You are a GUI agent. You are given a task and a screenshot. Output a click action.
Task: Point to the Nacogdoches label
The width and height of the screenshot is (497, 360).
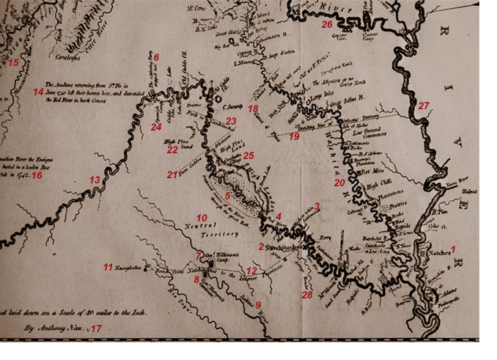tap(130, 268)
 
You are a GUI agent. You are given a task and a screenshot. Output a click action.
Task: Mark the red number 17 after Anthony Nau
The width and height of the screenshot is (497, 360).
tap(96, 328)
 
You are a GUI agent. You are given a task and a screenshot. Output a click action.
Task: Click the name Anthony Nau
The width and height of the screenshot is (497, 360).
tap(56, 329)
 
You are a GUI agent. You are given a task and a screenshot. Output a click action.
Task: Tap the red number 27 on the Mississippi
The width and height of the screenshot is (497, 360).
tap(423, 106)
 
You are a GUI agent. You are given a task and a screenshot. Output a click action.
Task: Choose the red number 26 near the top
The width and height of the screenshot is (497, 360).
tap(327, 24)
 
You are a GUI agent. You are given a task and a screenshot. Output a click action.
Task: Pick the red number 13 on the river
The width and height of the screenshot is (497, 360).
tap(94, 180)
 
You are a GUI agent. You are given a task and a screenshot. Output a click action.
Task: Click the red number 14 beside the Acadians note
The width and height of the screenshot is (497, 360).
tap(37, 92)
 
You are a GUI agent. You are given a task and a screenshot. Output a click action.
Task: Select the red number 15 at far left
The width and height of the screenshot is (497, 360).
tap(13, 62)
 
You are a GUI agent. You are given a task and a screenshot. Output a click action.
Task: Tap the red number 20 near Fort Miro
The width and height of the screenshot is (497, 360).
tap(339, 182)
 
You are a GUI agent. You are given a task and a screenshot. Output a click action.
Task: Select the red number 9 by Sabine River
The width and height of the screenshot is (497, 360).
tap(257, 304)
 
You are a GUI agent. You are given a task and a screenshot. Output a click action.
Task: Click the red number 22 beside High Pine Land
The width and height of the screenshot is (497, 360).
tap(172, 150)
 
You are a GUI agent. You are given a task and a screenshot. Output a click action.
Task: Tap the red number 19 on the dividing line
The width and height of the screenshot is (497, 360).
tap(294, 136)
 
